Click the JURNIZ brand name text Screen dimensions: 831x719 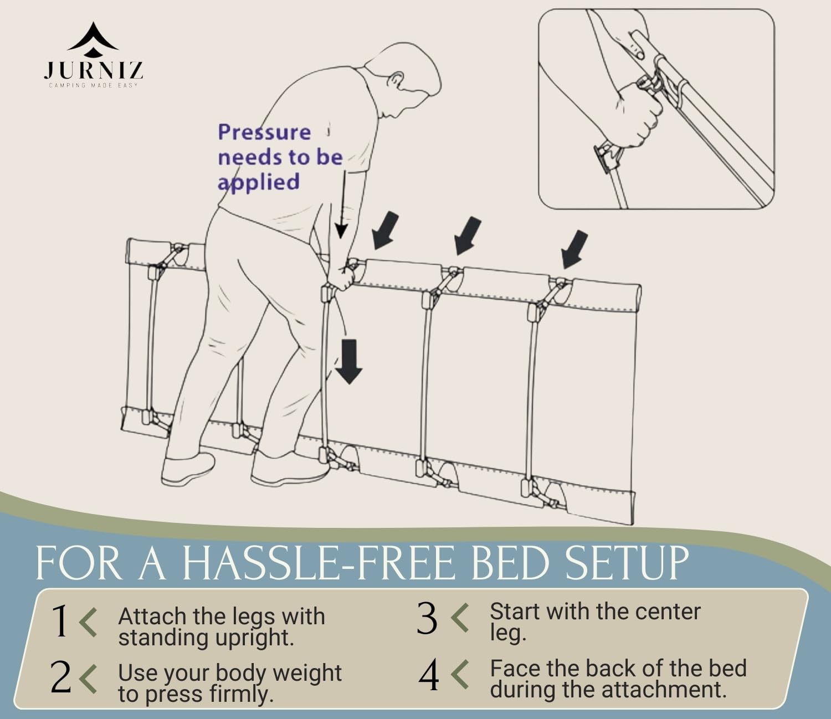(93, 70)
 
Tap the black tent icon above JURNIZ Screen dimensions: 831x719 (93, 39)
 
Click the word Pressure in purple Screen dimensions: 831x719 (264, 132)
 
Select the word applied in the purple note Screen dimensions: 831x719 (259, 182)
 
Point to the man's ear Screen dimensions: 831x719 (396, 80)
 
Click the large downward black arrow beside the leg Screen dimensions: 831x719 (348, 361)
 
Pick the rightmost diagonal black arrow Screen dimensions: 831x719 (574, 249)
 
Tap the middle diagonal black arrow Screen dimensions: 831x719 (468, 235)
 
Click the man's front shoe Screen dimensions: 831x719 (291, 469)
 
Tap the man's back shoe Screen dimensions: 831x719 (188, 470)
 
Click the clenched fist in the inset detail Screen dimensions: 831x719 (639, 116)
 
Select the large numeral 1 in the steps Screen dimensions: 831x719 (60, 621)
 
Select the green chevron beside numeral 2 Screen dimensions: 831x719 (88, 679)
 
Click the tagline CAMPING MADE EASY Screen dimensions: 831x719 (93, 85)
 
